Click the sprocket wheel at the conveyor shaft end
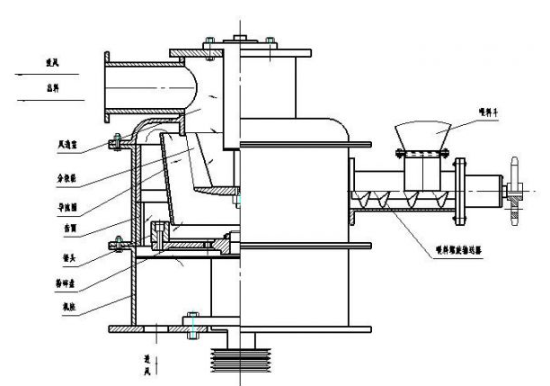[x=516, y=190]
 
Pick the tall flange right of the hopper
[x=460, y=193]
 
